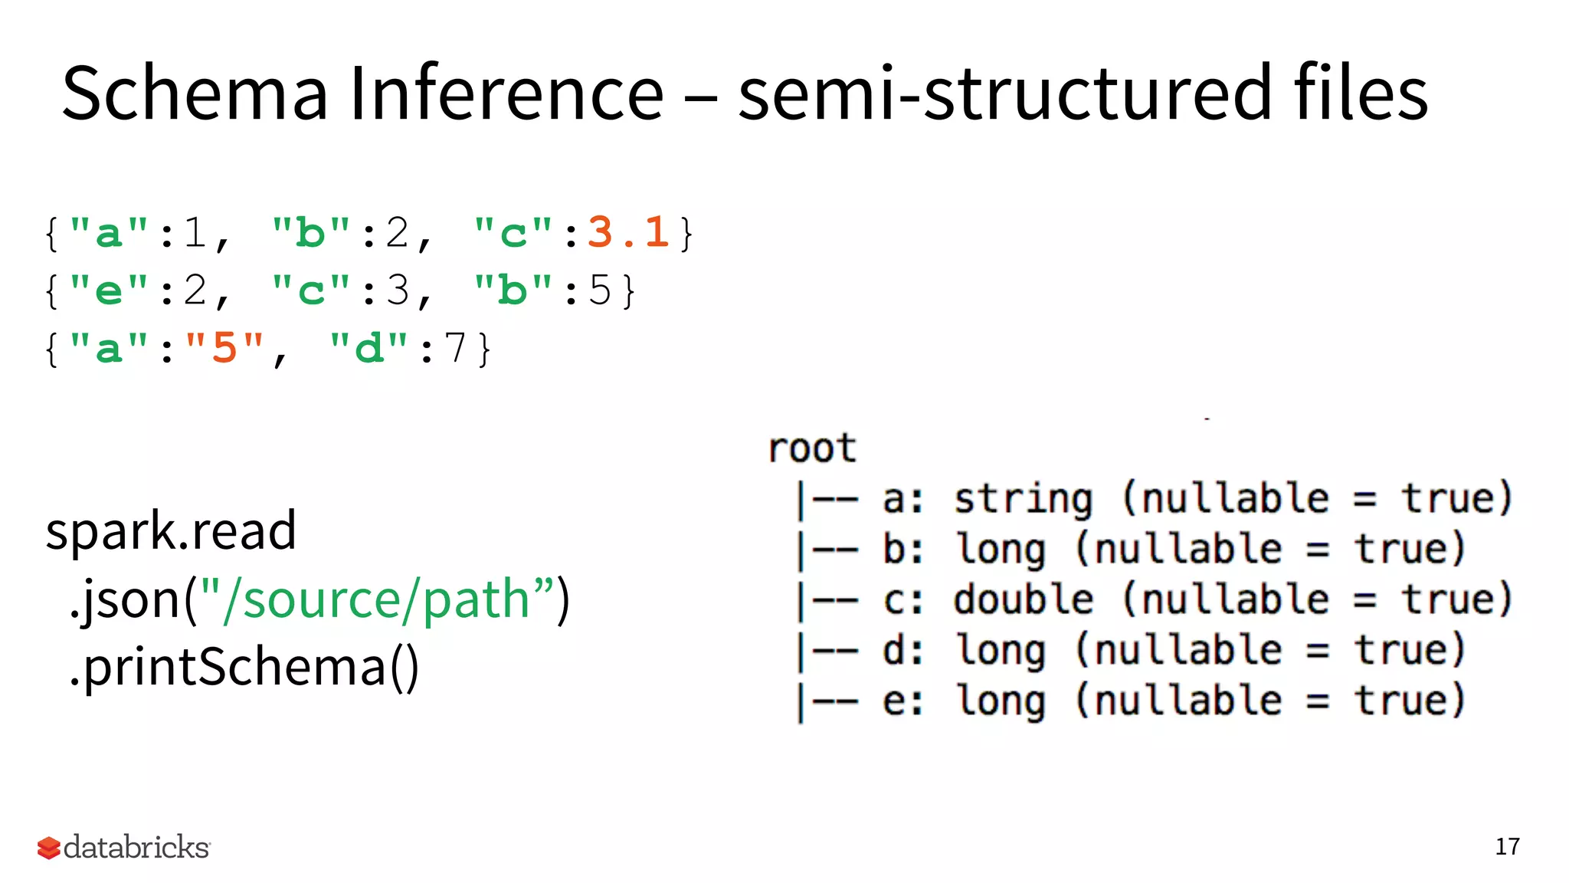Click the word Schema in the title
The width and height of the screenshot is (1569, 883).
pos(195,94)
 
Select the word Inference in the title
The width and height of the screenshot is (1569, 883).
pos(506,94)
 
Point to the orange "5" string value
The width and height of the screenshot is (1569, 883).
pos(224,349)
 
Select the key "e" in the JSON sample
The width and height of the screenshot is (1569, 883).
pos(108,291)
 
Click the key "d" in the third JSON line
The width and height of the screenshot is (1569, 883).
pos(369,349)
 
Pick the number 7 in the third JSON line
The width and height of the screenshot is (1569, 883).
pos(455,349)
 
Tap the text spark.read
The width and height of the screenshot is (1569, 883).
pos(171,530)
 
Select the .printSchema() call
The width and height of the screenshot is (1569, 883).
pos(244,667)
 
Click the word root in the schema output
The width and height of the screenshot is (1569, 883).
pos(812,448)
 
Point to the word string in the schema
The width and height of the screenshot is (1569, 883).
pos(1024,499)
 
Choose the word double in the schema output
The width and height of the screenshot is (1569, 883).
pos(1024,599)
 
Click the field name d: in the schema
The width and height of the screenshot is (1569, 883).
pos(902,650)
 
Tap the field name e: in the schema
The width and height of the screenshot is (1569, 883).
pos(902,701)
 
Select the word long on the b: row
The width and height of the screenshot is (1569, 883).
pos(1001,549)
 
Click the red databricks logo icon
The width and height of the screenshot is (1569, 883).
pos(48,848)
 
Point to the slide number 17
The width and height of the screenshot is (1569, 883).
pos(1507,847)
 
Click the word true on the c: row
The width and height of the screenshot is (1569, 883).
pos(1456,599)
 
